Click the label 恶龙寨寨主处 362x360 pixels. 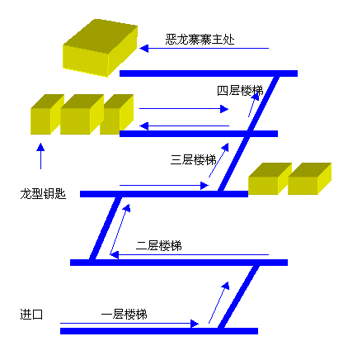pos(200,40)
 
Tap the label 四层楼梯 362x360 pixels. pos(240,91)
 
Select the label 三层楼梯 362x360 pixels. pos(193,159)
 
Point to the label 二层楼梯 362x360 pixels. pos(159,245)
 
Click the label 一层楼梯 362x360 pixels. pos(125,314)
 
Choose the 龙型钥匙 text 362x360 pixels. pos(43,194)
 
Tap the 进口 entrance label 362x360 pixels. pos(31,314)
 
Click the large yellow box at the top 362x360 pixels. pos(100,48)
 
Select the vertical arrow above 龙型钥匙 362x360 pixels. pos(40,156)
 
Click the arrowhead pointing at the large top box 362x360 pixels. pos(144,49)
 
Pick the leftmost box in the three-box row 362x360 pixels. pos(47,114)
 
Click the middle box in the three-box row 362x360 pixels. pos(82,114)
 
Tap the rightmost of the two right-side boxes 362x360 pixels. pos(309,178)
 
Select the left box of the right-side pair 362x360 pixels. pos(270,178)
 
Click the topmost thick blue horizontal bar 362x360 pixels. pos(209,73)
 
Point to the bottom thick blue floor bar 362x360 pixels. pos(159,331)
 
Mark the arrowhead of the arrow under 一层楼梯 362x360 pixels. pos(195,324)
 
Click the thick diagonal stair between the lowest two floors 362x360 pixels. pos(238,296)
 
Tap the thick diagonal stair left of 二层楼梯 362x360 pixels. pos(106,228)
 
